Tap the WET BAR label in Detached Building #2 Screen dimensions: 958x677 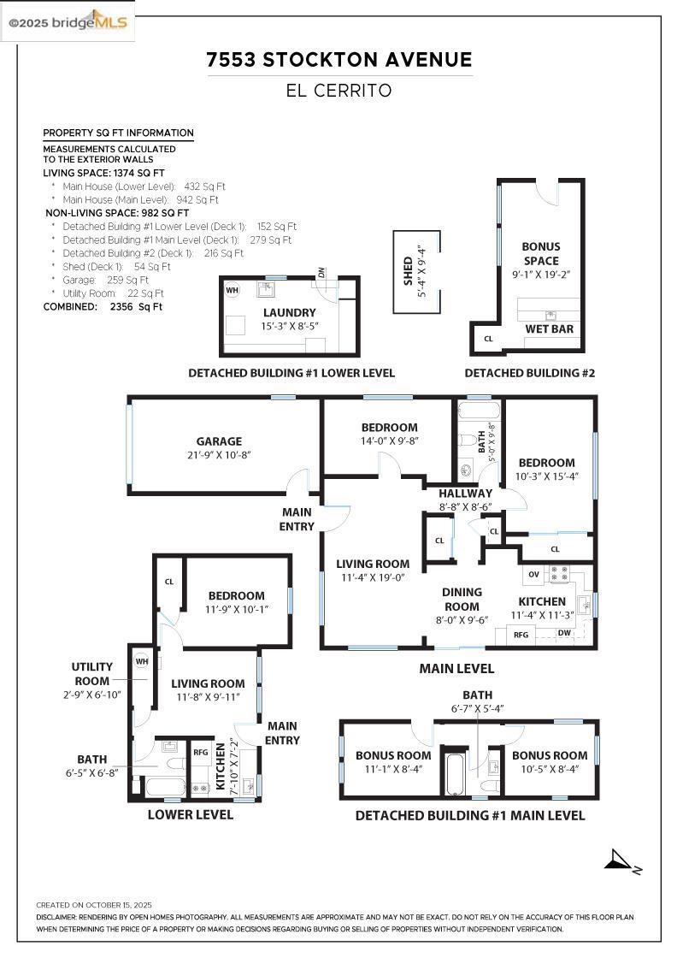click(550, 328)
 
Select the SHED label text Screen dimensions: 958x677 click(409, 272)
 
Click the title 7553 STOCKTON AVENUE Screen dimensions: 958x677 click(339, 60)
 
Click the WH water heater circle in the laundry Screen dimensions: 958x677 click(232, 290)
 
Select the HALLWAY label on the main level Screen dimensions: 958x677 click(465, 494)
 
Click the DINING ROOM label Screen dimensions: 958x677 click(462, 599)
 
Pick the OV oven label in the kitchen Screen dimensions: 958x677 click(534, 573)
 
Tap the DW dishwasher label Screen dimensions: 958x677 click(564, 633)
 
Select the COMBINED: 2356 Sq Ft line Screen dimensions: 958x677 click(103, 306)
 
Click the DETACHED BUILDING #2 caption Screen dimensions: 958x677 click(529, 373)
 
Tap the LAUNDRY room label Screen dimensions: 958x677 click(289, 313)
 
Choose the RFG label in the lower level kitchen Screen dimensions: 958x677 click(201, 753)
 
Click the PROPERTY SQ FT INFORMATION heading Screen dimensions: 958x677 click(118, 133)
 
